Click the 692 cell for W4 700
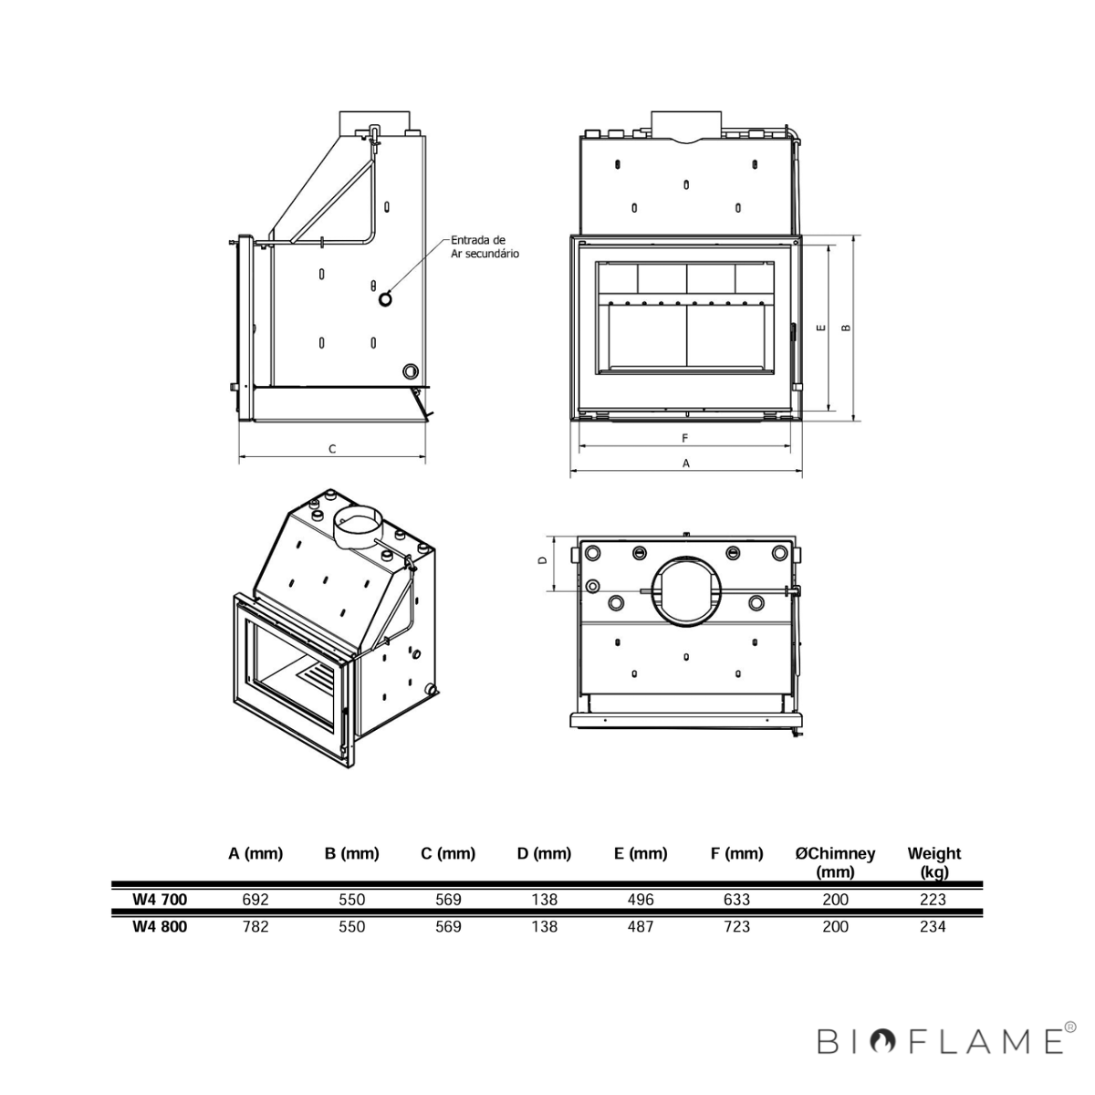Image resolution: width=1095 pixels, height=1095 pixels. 255,900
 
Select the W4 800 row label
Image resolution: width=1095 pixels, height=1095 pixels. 160,927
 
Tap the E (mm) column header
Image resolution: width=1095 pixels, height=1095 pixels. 641,853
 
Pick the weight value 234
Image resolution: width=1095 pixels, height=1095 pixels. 933,927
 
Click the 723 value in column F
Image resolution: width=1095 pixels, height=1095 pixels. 737,927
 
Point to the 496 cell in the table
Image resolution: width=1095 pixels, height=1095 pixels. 641,900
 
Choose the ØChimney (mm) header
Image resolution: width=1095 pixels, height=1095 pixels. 835,862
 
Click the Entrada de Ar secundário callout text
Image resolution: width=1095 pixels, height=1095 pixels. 485,246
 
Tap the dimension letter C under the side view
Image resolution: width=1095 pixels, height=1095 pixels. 332,449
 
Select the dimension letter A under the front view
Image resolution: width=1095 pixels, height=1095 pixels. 686,464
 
